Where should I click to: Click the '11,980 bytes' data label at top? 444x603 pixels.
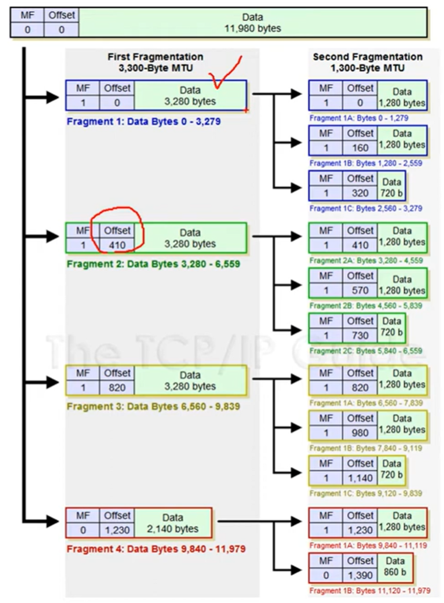pyautogui.click(x=252, y=29)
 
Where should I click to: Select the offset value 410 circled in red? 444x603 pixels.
pyautogui.click(x=117, y=244)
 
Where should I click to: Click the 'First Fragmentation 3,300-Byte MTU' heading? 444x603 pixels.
pyautogui.click(x=155, y=62)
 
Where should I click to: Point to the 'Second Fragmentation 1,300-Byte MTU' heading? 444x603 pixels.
pyautogui.click(x=367, y=62)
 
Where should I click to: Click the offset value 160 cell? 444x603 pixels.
pyautogui.click(x=360, y=147)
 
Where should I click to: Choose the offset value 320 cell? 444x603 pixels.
pyautogui.click(x=360, y=193)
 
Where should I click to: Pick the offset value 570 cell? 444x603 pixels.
pyautogui.click(x=360, y=290)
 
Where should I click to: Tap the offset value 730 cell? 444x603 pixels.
pyautogui.click(x=360, y=335)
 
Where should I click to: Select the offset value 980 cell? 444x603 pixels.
pyautogui.click(x=360, y=432)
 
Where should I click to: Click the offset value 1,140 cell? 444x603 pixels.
pyautogui.click(x=360, y=478)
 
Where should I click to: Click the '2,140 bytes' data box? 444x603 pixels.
pyautogui.click(x=173, y=523)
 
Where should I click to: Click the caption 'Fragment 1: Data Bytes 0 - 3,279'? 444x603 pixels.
pyautogui.click(x=143, y=121)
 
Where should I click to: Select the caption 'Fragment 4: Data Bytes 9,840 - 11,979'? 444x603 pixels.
pyautogui.click(x=156, y=548)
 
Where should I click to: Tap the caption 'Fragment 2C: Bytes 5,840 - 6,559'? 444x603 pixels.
pyautogui.click(x=365, y=351)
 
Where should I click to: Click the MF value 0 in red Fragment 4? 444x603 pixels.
pyautogui.click(x=83, y=530)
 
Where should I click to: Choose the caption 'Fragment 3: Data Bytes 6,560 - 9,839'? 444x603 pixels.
pyautogui.click(x=153, y=406)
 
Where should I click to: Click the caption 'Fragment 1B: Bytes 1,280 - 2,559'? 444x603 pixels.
pyautogui.click(x=365, y=163)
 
